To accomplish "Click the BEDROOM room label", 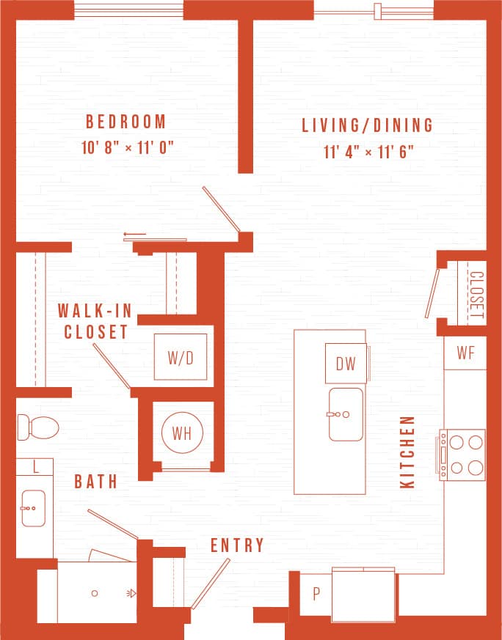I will point(125,121).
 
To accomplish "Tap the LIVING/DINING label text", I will point(368,125).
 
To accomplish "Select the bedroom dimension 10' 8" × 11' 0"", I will point(127,147).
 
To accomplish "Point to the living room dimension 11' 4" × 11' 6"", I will point(368,152).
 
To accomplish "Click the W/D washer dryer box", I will point(180,357).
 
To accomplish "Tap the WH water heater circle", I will point(181,433).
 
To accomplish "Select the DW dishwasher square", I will point(345,364).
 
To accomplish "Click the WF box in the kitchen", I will point(465,353).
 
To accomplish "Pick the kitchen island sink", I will point(345,414).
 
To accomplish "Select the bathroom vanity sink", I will point(33,509).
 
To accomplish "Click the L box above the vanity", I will point(34,466).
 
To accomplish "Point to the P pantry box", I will point(316,594).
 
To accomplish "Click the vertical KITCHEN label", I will point(407,452).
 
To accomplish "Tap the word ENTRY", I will point(237,545).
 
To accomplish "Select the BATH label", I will point(96,482).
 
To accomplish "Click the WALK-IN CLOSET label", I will point(95,321).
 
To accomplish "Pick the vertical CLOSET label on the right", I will point(476,297).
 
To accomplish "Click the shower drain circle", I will point(95,593).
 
